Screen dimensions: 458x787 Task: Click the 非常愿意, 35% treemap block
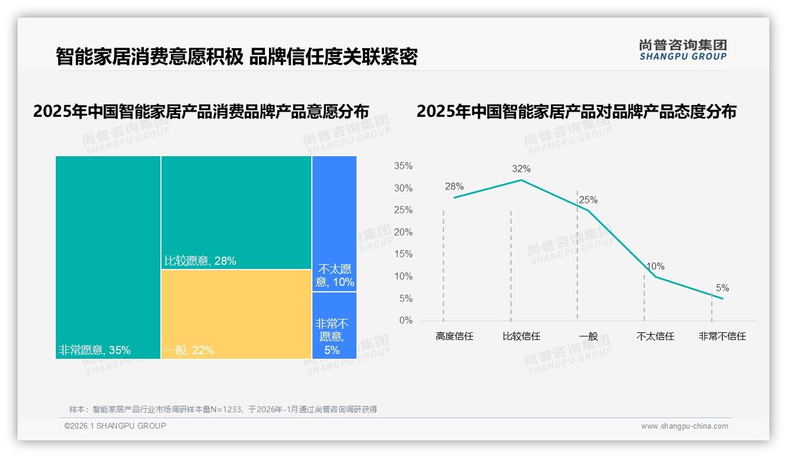[x=108, y=257]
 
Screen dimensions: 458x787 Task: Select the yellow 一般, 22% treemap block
[x=236, y=314]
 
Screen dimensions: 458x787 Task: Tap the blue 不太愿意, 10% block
[x=334, y=223]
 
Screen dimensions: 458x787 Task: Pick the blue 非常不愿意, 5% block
[x=334, y=325]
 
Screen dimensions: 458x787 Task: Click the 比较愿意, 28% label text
[x=200, y=261]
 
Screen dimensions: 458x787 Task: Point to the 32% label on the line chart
[x=521, y=169]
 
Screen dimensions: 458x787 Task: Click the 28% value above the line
[x=454, y=187]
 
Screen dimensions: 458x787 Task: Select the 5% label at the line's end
[x=722, y=288]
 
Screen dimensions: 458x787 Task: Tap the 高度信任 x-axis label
[x=455, y=336]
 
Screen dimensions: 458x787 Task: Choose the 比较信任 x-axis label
[x=522, y=336]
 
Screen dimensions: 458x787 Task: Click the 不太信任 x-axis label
[x=655, y=336]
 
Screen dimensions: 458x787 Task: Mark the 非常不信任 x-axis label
[x=722, y=336]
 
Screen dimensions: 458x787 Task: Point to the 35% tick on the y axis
[x=403, y=166]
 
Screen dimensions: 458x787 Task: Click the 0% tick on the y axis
[x=406, y=321]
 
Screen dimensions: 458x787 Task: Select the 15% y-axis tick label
[x=403, y=254]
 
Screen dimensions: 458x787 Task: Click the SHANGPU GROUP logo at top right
[x=682, y=50]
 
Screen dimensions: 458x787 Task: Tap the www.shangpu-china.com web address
[x=684, y=426]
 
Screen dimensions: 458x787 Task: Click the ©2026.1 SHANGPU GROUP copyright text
[x=115, y=426]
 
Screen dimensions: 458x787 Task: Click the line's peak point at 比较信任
[x=521, y=180]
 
